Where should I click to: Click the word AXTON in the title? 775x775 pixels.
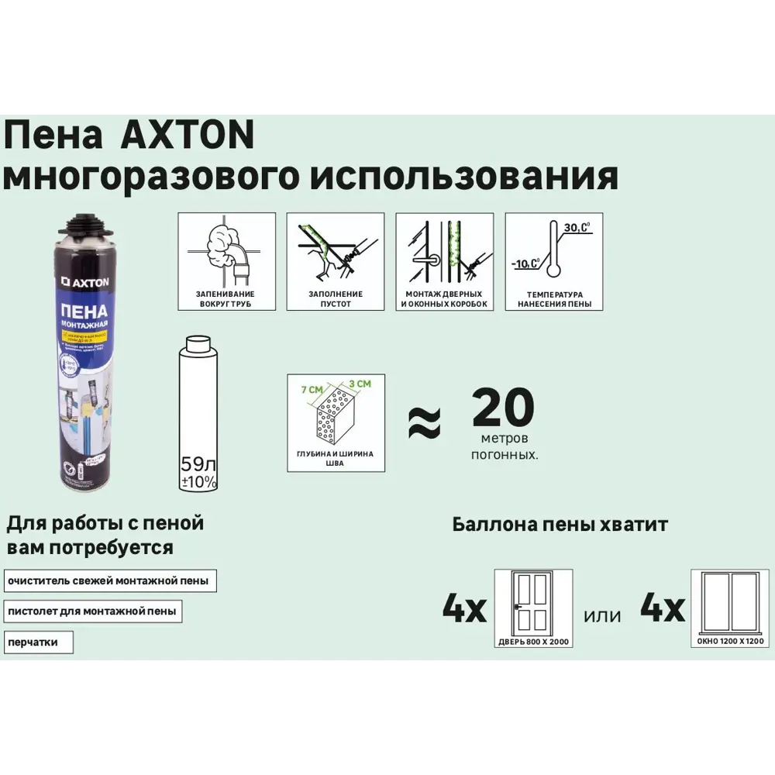coord(188,137)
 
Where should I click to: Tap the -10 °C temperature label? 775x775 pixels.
coord(525,263)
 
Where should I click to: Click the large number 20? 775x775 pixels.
coord(504,408)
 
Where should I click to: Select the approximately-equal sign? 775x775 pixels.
coord(424,422)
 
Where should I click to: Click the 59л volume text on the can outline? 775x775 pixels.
coord(198,466)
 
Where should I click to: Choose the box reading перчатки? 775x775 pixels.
coord(38,642)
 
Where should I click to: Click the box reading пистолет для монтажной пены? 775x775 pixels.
coord(92,611)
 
